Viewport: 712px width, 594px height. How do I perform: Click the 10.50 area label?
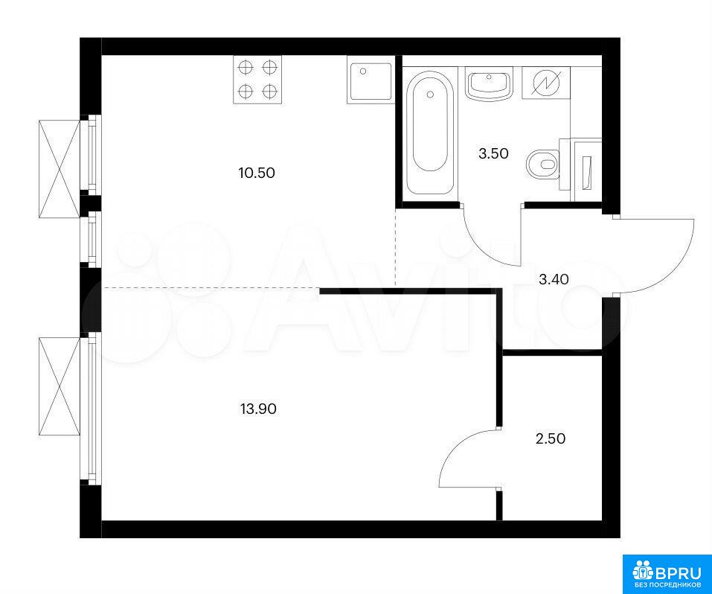(x=257, y=173)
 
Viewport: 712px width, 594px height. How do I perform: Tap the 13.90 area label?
(x=258, y=409)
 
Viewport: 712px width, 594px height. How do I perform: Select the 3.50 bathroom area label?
(x=493, y=153)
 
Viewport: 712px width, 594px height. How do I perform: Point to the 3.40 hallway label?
(x=554, y=279)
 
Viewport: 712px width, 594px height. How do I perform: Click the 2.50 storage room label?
(x=551, y=439)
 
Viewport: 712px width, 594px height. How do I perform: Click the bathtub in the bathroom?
(x=430, y=132)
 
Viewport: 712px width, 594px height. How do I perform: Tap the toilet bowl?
(x=542, y=164)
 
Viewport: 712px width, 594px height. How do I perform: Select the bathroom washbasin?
(x=489, y=83)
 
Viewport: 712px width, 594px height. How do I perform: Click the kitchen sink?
(x=369, y=80)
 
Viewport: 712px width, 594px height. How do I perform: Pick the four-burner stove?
(x=257, y=80)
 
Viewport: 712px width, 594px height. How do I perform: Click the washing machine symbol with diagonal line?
(x=546, y=83)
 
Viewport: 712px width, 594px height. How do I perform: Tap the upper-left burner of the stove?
(x=246, y=68)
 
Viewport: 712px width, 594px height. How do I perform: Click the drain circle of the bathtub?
(x=430, y=94)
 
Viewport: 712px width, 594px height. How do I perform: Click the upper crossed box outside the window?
(x=60, y=169)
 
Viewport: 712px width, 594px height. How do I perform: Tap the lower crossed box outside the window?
(x=60, y=387)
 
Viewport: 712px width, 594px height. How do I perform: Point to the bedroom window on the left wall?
(x=92, y=406)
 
